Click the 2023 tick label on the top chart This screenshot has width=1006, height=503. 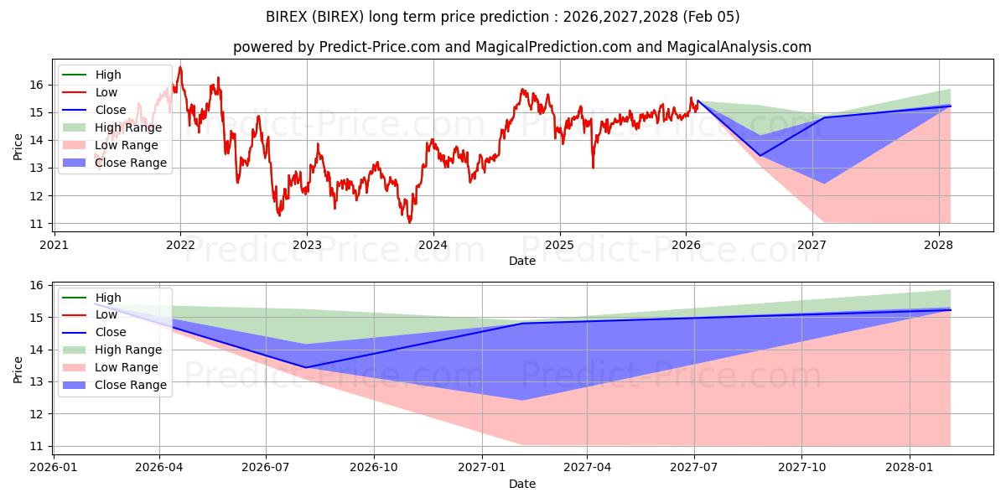pos(307,245)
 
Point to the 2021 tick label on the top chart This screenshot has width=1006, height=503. pos(54,245)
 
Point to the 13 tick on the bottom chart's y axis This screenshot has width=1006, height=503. pos(37,382)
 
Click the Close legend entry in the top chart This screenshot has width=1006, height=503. pos(111,110)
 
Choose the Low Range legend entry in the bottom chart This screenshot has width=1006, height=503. pos(126,367)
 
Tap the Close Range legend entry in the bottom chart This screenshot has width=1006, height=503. pos(131,385)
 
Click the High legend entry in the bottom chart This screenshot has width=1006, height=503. pos(108,298)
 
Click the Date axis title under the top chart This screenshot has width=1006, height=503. pos(521,261)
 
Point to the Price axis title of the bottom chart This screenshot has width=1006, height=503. pos(18,368)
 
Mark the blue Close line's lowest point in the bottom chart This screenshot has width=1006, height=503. pos(305,367)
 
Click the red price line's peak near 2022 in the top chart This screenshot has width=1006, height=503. pos(179,67)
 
